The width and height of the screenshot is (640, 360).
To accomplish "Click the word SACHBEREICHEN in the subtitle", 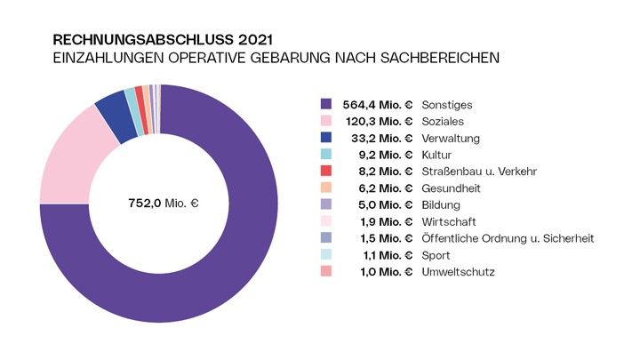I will click(436, 58).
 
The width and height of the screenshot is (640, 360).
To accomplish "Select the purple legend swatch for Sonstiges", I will click(326, 104).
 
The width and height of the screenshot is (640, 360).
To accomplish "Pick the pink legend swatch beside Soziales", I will click(326, 121).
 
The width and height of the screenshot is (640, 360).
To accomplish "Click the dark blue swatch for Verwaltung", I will click(326, 138).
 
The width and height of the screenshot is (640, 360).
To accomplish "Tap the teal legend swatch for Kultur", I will click(326, 155).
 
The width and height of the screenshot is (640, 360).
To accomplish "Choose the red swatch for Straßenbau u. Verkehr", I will click(326, 172).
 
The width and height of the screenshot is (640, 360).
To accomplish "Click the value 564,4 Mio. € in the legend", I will click(378, 104).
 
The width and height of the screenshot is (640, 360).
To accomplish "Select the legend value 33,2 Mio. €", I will click(382, 138).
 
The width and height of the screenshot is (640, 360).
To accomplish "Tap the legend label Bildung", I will click(441, 204).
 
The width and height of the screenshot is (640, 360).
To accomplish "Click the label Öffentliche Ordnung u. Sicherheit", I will click(507, 238).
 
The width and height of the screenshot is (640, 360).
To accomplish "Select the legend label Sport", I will click(436, 255).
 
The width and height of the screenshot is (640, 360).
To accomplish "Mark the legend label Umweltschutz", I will click(458, 272).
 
